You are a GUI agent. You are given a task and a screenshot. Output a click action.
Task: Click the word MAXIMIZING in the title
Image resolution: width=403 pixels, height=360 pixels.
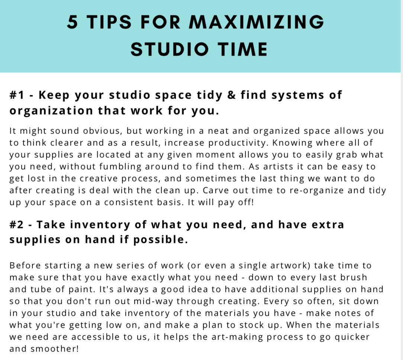pyautogui.click(x=257, y=23)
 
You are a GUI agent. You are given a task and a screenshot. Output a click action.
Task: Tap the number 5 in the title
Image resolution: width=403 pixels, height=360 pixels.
pyautogui.click(x=72, y=23)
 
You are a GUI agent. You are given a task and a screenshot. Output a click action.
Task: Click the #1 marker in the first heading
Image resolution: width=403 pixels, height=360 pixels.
pyautogui.click(x=17, y=95)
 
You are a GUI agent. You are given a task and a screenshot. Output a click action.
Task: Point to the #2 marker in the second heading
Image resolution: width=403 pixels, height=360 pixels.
pyautogui.click(x=17, y=225)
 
